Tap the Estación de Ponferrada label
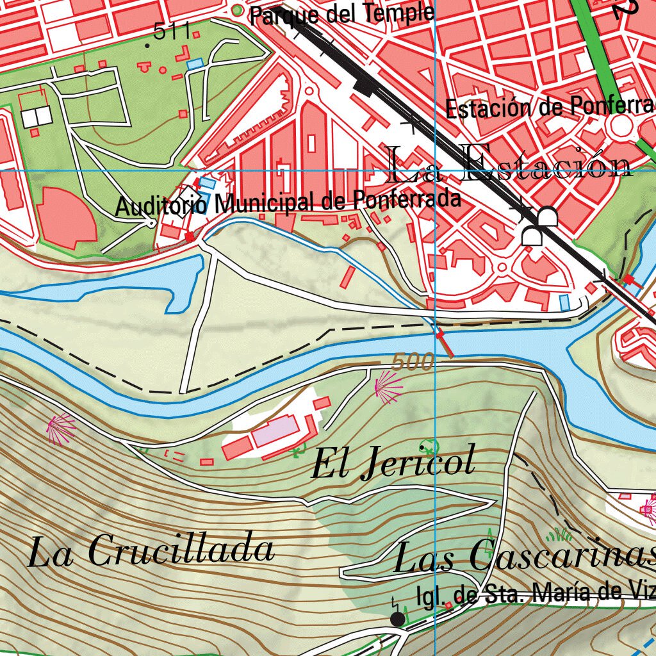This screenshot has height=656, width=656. (550, 108)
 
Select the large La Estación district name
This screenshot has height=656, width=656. (510, 165)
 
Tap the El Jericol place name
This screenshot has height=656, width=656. (393, 463)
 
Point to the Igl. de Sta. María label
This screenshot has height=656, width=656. (536, 594)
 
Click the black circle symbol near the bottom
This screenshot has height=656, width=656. (398, 619)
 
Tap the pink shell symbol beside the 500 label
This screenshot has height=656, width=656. (388, 388)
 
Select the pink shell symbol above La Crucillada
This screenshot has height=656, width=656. (61, 429)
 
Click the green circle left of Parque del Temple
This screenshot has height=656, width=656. (238, 11)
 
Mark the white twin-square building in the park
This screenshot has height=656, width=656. (37, 117)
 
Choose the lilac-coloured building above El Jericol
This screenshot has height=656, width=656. (275, 431)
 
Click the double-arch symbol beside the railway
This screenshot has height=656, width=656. (539, 227)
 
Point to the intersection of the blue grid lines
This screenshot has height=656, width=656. (435, 171)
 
